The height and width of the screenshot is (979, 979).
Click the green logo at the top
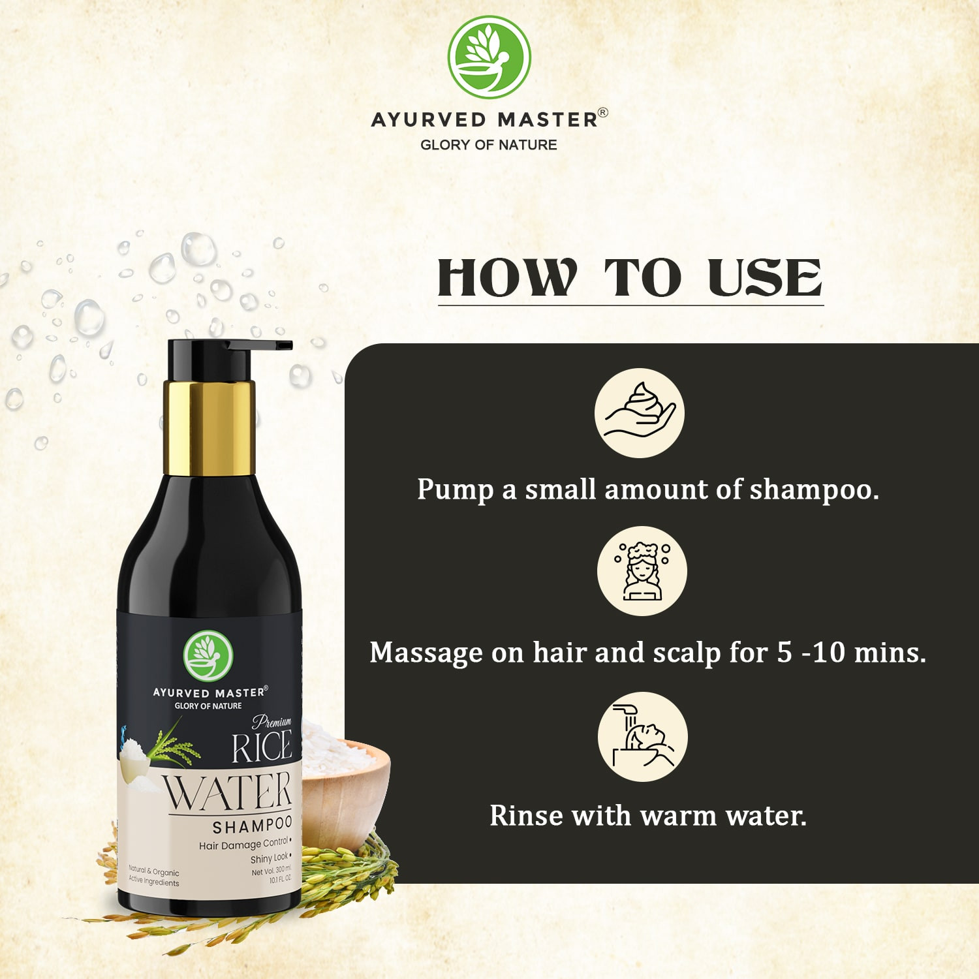point(489,57)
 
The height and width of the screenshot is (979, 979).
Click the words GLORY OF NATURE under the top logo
point(489,145)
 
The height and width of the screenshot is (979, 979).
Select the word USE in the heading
point(764,277)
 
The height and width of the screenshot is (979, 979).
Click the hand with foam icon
point(640,412)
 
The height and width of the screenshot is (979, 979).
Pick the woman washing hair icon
point(642,571)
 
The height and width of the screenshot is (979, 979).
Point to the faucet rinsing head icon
point(643,737)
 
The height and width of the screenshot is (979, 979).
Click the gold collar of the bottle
point(208,427)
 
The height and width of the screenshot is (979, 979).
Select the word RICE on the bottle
point(262,748)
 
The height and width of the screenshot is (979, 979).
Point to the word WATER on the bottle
point(227,791)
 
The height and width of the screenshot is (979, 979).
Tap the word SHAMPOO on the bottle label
point(252,826)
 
